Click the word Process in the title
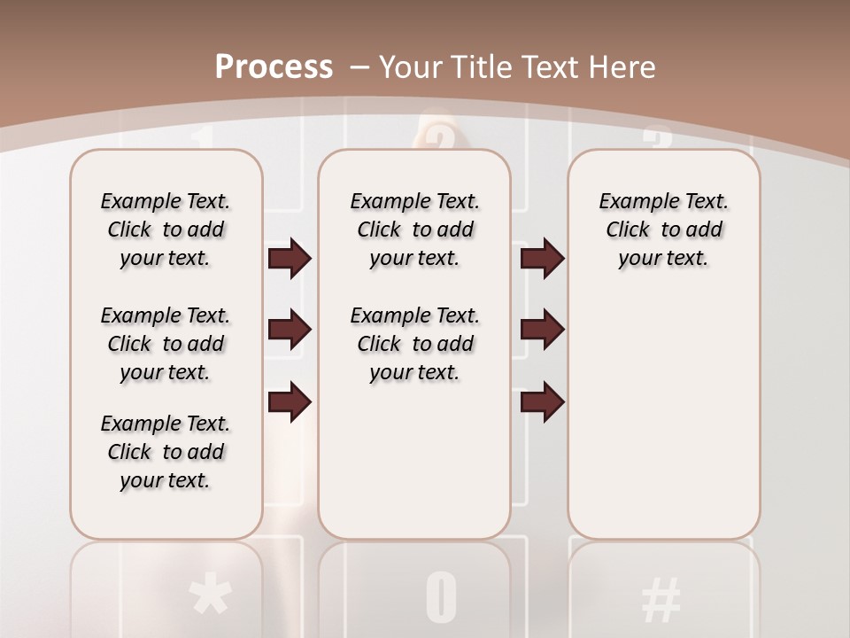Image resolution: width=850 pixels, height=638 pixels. click(x=274, y=66)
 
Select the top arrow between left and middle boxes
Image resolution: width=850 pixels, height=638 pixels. click(x=290, y=259)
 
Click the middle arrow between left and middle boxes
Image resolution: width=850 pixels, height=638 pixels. click(x=290, y=331)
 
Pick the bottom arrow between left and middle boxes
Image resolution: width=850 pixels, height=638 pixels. click(x=290, y=401)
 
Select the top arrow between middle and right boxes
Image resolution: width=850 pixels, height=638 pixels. click(x=542, y=259)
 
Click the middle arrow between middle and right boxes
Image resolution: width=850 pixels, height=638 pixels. click(x=542, y=331)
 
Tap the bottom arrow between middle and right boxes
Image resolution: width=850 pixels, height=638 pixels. click(x=542, y=401)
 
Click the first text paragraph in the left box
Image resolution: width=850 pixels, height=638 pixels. click(x=166, y=230)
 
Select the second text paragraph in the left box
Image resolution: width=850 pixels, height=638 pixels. click(x=166, y=344)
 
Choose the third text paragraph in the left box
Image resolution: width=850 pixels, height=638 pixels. click(x=166, y=452)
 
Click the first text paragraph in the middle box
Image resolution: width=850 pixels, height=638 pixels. click(x=414, y=230)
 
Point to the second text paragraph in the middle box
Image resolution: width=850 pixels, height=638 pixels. click(x=414, y=344)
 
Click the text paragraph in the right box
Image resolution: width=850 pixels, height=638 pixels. click(x=663, y=230)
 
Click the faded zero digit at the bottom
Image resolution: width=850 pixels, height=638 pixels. click(x=441, y=597)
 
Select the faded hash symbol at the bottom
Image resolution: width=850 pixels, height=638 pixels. click(x=661, y=599)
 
